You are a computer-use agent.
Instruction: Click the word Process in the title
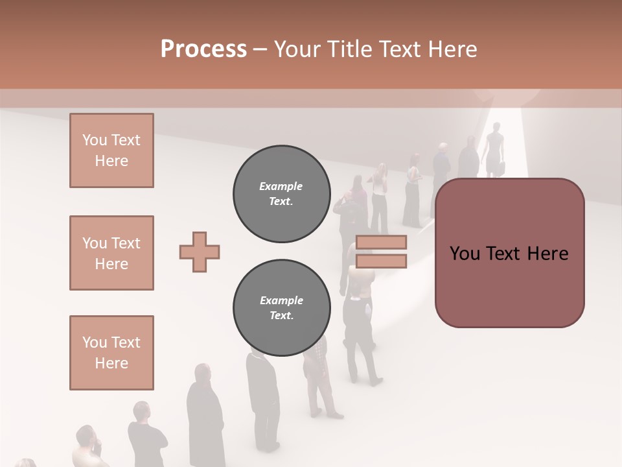pos(203,49)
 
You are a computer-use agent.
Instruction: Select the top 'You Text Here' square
pos(111,150)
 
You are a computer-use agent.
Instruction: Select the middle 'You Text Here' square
pos(111,253)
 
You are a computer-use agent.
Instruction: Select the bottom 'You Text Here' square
pos(111,352)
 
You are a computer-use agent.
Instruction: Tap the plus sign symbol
pos(199,251)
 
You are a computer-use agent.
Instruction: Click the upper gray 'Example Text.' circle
pos(281,194)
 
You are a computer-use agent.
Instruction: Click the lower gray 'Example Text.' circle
pos(281,307)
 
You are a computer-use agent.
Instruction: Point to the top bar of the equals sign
pos(381,243)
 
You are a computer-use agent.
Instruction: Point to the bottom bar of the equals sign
pos(381,261)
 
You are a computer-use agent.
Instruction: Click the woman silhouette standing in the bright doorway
pos(495,149)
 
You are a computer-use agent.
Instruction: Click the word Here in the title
pos(454,49)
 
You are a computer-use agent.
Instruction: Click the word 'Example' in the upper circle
pos(281,186)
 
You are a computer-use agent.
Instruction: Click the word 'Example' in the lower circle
pos(281,300)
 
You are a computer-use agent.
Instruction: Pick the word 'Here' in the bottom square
pos(111,363)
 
